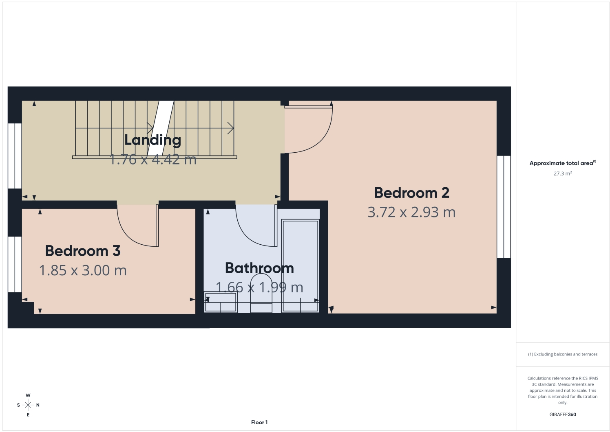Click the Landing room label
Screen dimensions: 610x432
click(153, 140)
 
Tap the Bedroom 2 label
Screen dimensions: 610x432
click(412, 193)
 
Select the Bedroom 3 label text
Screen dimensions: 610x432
click(83, 251)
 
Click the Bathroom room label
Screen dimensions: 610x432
click(259, 268)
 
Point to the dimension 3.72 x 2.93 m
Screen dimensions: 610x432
click(411, 212)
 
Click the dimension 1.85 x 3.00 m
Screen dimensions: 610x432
click(83, 270)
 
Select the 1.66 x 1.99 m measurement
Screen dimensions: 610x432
click(259, 287)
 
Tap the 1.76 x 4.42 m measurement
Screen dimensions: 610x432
click(153, 159)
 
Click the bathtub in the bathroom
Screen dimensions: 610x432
click(301, 265)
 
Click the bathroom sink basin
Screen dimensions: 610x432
click(221, 302)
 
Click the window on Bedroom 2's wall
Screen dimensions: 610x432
click(504, 206)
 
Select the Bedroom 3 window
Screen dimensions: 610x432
click(15, 264)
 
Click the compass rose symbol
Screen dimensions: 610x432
click(28, 405)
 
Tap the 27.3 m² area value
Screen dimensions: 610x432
click(563, 173)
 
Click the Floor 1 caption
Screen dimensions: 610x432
click(259, 422)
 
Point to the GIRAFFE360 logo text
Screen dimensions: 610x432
click(563, 414)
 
